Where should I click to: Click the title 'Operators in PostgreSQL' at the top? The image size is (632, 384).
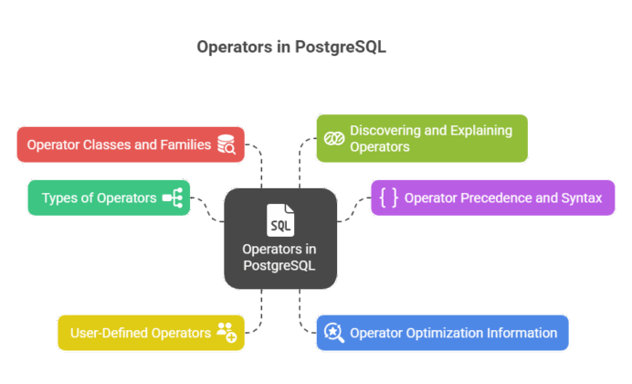point(292,48)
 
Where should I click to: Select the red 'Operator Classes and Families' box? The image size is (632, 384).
point(131,144)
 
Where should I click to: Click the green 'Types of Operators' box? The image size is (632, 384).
point(109,197)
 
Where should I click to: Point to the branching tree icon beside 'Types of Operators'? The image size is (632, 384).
point(173,197)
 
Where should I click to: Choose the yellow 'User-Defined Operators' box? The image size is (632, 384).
point(151,333)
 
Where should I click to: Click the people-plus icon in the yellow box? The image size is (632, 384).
point(226,333)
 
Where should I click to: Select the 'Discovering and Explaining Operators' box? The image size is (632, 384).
point(422,138)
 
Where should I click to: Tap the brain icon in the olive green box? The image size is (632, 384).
point(333,139)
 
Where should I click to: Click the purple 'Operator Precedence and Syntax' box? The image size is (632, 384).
point(492,197)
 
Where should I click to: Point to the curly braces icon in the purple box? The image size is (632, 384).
point(388,197)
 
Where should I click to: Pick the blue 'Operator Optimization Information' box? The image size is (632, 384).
point(442,333)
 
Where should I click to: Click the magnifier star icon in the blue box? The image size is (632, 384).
point(334,333)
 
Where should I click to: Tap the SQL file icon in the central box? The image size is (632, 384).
point(280,220)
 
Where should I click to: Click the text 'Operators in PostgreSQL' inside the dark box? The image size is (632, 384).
point(280,257)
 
